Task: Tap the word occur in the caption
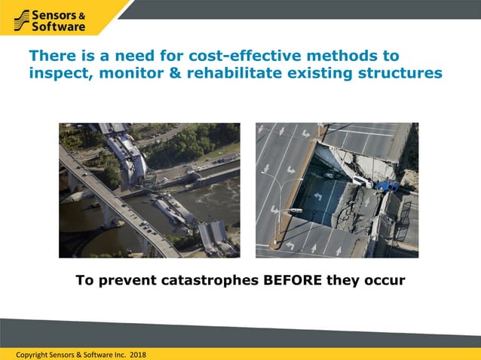(x=384, y=281)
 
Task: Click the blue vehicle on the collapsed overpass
(x=387, y=184)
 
